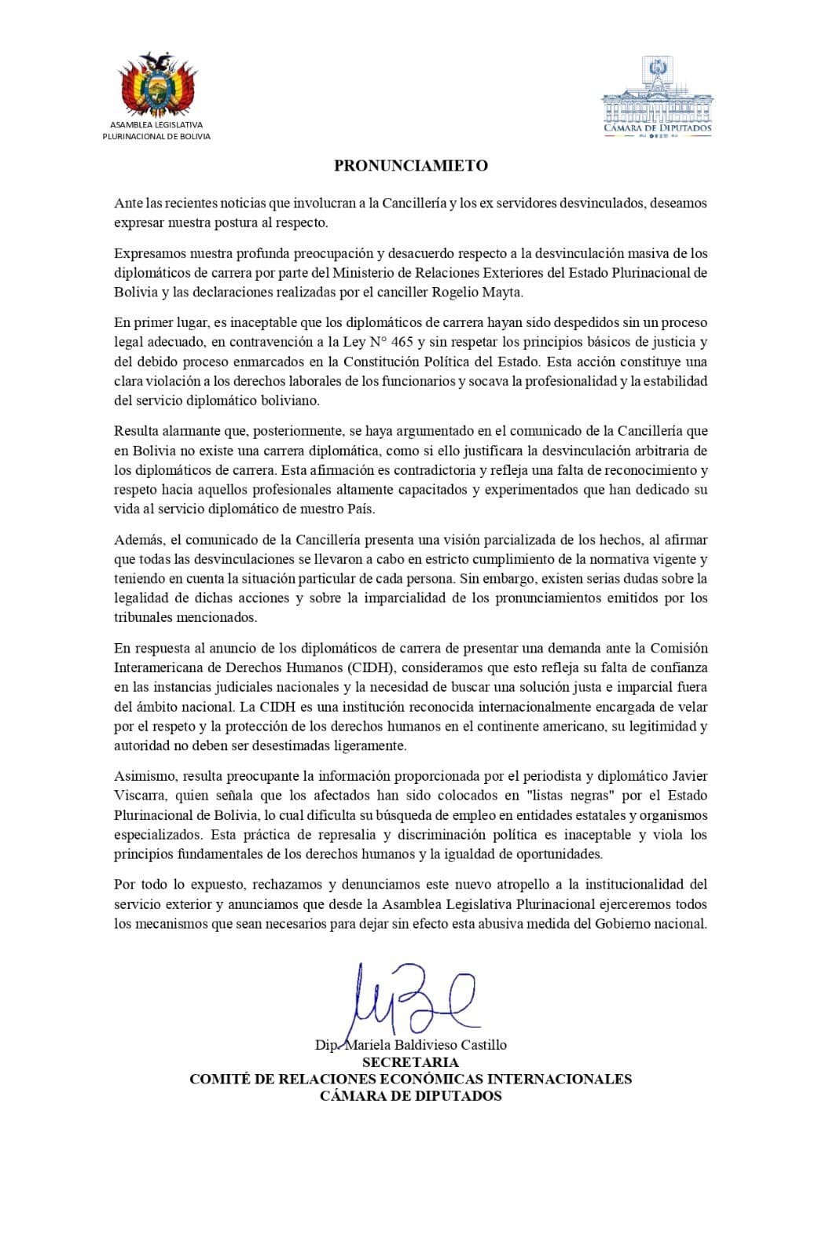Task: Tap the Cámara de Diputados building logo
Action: click(657, 94)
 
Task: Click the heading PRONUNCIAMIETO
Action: click(411, 165)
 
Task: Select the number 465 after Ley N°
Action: click(402, 342)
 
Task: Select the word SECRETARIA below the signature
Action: click(410, 1062)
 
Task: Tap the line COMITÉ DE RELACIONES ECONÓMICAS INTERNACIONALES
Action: click(410, 1079)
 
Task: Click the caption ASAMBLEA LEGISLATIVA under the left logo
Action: click(156, 125)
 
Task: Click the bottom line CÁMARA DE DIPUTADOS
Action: click(410, 1095)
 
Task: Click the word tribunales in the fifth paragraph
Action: click(145, 617)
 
